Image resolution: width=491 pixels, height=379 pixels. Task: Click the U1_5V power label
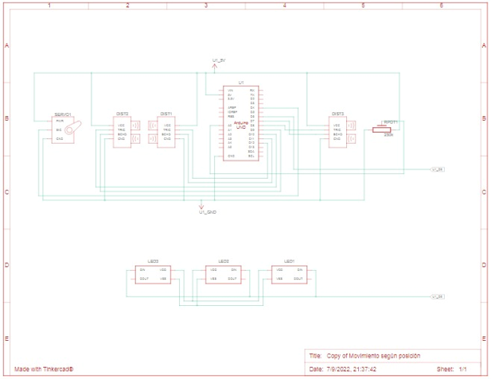pos(219,60)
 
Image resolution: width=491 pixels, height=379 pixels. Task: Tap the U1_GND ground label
pos(208,212)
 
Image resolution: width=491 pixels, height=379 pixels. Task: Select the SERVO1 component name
pos(64,114)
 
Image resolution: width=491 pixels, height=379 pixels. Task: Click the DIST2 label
pos(123,114)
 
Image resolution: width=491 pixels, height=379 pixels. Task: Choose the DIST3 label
pos(337,114)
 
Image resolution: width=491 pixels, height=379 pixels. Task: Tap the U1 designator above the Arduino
pos(240,83)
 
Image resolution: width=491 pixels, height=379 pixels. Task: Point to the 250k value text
pos(388,135)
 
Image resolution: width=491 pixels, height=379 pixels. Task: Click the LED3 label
pos(153,261)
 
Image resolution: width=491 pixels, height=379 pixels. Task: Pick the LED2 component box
pos(224,274)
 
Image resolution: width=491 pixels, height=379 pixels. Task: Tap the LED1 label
pos(290,261)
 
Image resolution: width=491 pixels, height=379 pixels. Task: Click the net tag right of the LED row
pos(436,296)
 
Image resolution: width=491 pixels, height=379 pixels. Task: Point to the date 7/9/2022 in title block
pos(350,369)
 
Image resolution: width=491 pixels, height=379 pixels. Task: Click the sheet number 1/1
pos(463,369)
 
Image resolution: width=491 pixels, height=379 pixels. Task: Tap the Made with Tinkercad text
pos(49,369)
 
